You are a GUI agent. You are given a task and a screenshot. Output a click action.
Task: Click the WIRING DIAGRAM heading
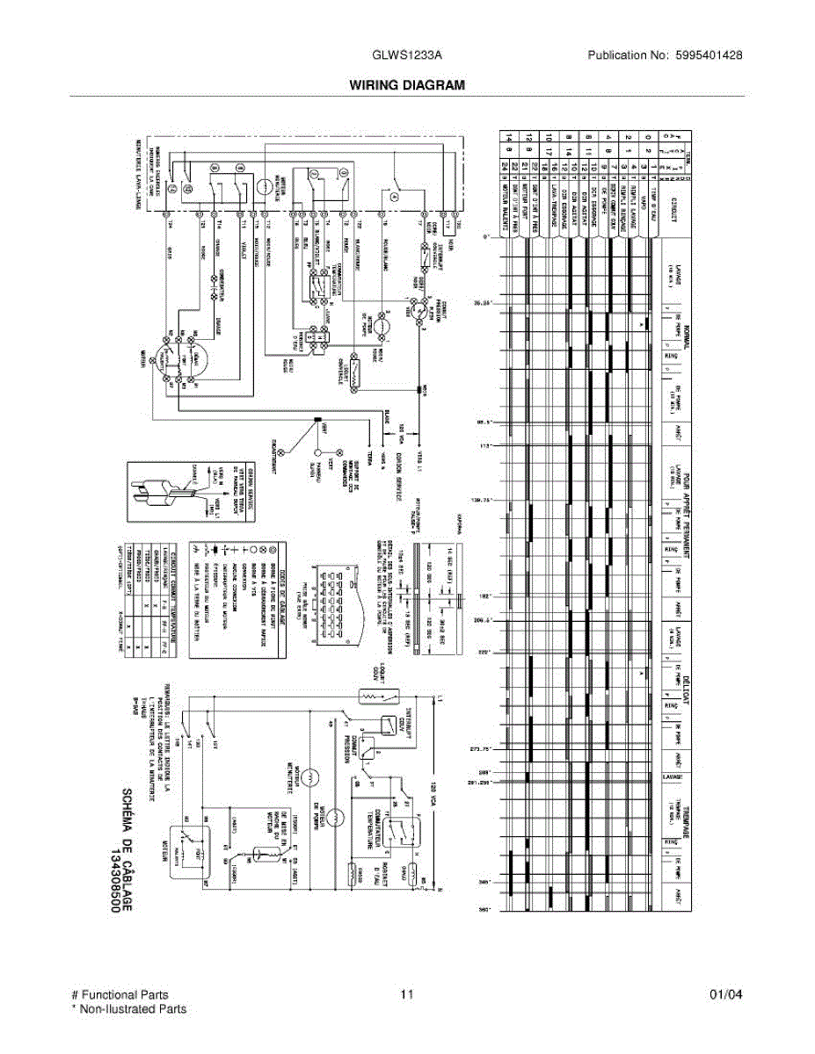tap(407, 85)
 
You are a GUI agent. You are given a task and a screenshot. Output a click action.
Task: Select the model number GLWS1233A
tap(407, 54)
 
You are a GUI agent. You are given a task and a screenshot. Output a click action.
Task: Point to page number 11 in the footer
tap(406, 995)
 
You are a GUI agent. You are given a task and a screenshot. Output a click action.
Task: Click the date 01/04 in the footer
tap(725, 995)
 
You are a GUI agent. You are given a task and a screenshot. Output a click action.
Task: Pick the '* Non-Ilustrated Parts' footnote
tap(128, 1009)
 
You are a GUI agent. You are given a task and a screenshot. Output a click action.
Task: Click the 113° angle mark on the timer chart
tap(483, 446)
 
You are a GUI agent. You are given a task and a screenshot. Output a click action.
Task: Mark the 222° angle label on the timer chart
tap(483, 653)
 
